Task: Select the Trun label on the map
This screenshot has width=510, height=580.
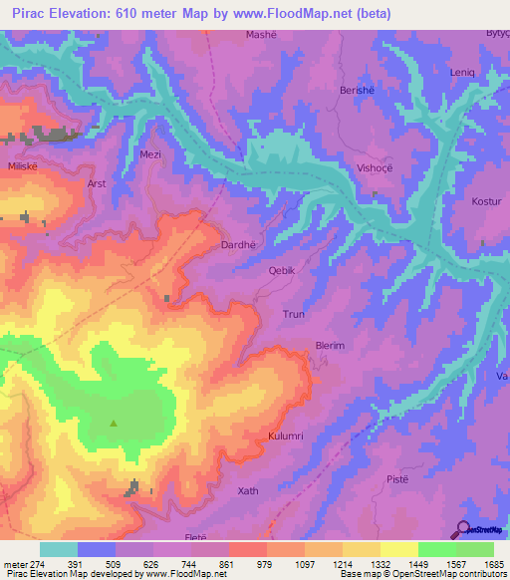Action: tap(294, 314)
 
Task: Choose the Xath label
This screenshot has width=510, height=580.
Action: tap(248, 491)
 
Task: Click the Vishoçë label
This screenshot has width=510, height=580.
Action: tap(375, 168)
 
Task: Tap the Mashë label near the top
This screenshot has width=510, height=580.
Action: tap(262, 35)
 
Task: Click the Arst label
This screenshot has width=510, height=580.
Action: tap(97, 184)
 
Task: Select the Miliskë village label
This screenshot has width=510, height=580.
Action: tap(23, 165)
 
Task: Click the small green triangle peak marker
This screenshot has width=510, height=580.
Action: tap(113, 423)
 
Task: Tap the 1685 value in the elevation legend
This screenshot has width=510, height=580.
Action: tap(493, 563)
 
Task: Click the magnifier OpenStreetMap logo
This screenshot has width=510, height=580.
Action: tap(462, 528)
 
